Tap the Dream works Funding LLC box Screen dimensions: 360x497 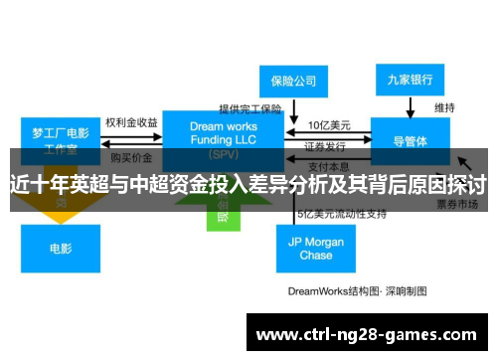coord(224,137)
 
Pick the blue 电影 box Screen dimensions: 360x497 coord(61,248)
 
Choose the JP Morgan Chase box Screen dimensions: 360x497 coord(316,249)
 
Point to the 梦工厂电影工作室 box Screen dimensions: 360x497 coord(61,140)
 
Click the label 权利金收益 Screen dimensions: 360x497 coord(131,123)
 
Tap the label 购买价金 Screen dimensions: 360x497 coord(131,157)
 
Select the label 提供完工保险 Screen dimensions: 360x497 coord(250,108)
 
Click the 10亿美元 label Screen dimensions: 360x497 coord(327,125)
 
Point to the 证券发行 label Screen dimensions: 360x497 coord(325,144)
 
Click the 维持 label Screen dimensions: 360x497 coord(444,107)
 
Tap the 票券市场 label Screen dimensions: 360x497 coord(458,202)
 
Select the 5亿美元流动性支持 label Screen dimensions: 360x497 coord(341,213)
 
